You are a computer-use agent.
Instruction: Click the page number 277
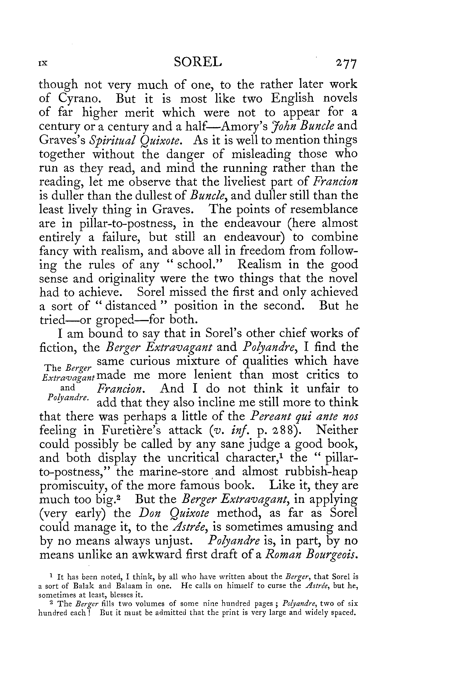click(x=346, y=64)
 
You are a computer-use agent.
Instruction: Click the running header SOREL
click(x=197, y=62)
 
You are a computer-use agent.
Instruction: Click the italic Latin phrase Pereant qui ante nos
click(x=304, y=417)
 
